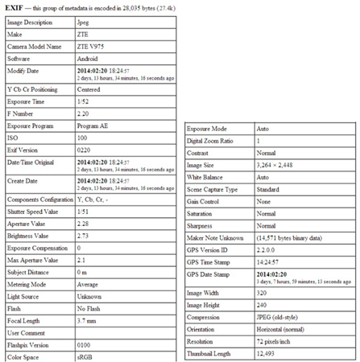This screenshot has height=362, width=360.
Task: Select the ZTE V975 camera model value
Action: point(91,47)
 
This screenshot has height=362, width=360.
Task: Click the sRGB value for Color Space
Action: point(84,356)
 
